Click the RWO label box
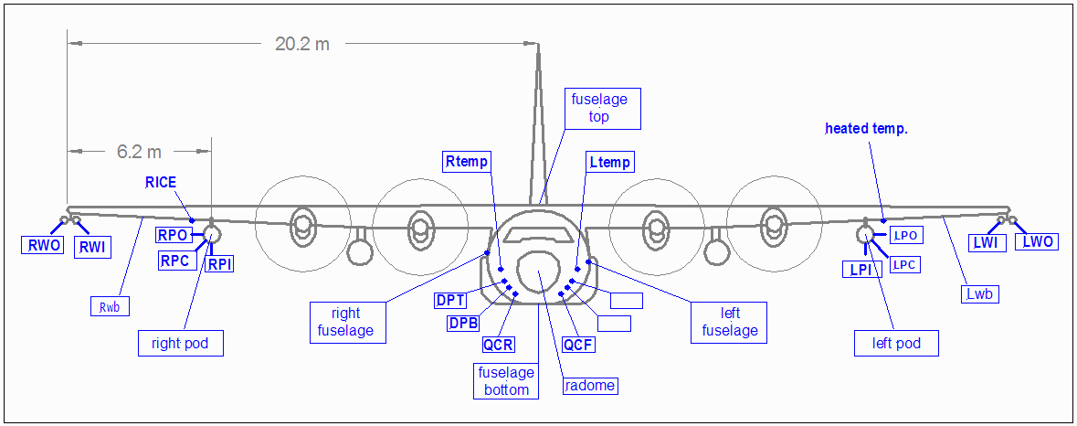pos(44,244)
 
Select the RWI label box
pos(92,246)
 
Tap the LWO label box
pos(1038,242)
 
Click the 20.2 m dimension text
pos(302,44)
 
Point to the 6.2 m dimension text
pos(139,152)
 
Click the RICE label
pos(160,183)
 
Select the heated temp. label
pos(866,129)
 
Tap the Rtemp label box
pos(468,162)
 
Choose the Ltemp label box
pos(610,163)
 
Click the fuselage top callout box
pos(599,108)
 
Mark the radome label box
pos(590,385)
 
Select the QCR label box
pos(499,345)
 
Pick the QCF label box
pos(579,345)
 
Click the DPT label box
pos(451,300)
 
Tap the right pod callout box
pos(181,344)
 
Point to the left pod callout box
pos(896,344)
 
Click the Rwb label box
pos(110,306)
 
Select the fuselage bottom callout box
pos(506,381)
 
